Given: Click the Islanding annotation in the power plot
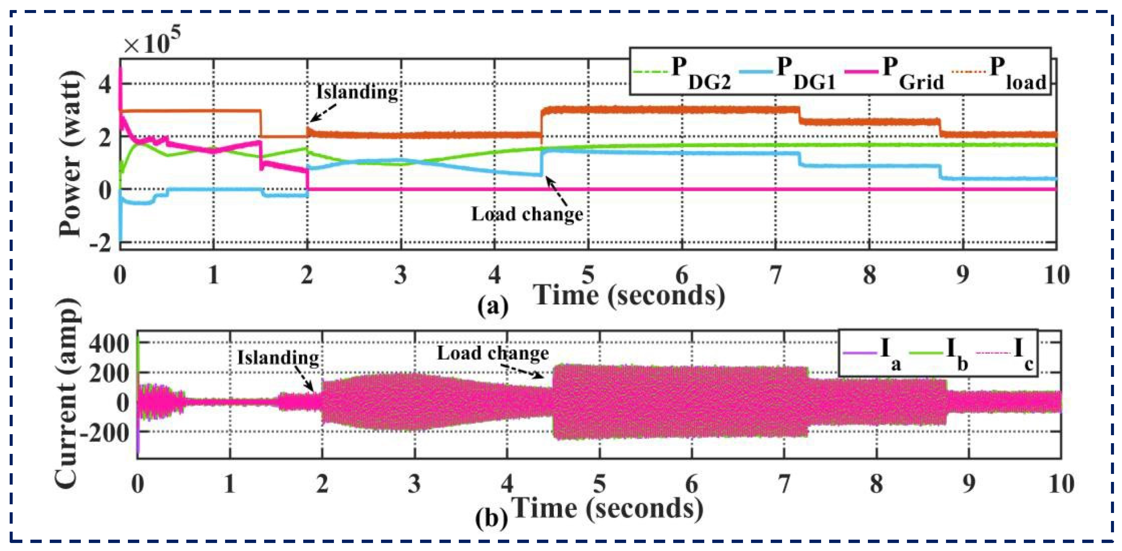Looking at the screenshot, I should [x=357, y=92].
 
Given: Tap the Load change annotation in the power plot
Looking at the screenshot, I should [x=527, y=214].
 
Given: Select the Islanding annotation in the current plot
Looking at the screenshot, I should [x=278, y=357].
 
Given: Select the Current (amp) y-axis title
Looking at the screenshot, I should [x=67, y=394].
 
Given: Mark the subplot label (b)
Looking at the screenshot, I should [x=491, y=518].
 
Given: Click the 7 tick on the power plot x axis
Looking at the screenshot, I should [x=776, y=275].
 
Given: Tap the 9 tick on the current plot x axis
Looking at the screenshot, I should [x=968, y=484].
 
